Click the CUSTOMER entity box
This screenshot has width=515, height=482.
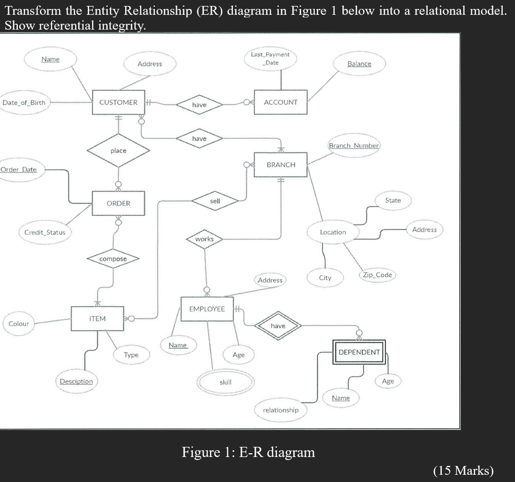(x=118, y=102)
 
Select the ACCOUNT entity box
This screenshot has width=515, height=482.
(x=280, y=102)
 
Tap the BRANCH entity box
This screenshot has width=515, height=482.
(x=280, y=165)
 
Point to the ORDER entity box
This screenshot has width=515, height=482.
(x=118, y=203)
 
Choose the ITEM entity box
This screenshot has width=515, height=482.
(x=97, y=319)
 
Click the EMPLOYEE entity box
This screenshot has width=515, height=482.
(x=207, y=309)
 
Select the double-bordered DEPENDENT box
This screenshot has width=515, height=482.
(x=359, y=352)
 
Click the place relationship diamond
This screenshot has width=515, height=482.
(x=118, y=151)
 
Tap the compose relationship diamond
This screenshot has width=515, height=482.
(x=113, y=259)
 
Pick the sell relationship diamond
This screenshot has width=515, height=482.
(x=215, y=201)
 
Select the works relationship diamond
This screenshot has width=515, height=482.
(x=204, y=239)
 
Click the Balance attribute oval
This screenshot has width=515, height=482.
(x=359, y=64)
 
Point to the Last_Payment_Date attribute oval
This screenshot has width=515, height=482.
(x=270, y=58)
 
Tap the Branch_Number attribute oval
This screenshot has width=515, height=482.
(x=354, y=145)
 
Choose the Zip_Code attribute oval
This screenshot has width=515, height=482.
(x=377, y=275)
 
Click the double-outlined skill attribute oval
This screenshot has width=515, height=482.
(x=225, y=382)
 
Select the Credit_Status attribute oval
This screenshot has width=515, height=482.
(x=45, y=232)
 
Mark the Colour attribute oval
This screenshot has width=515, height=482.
(x=19, y=324)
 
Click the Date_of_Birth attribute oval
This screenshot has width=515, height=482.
(x=24, y=102)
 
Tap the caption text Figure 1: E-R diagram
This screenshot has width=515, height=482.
(x=248, y=452)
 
